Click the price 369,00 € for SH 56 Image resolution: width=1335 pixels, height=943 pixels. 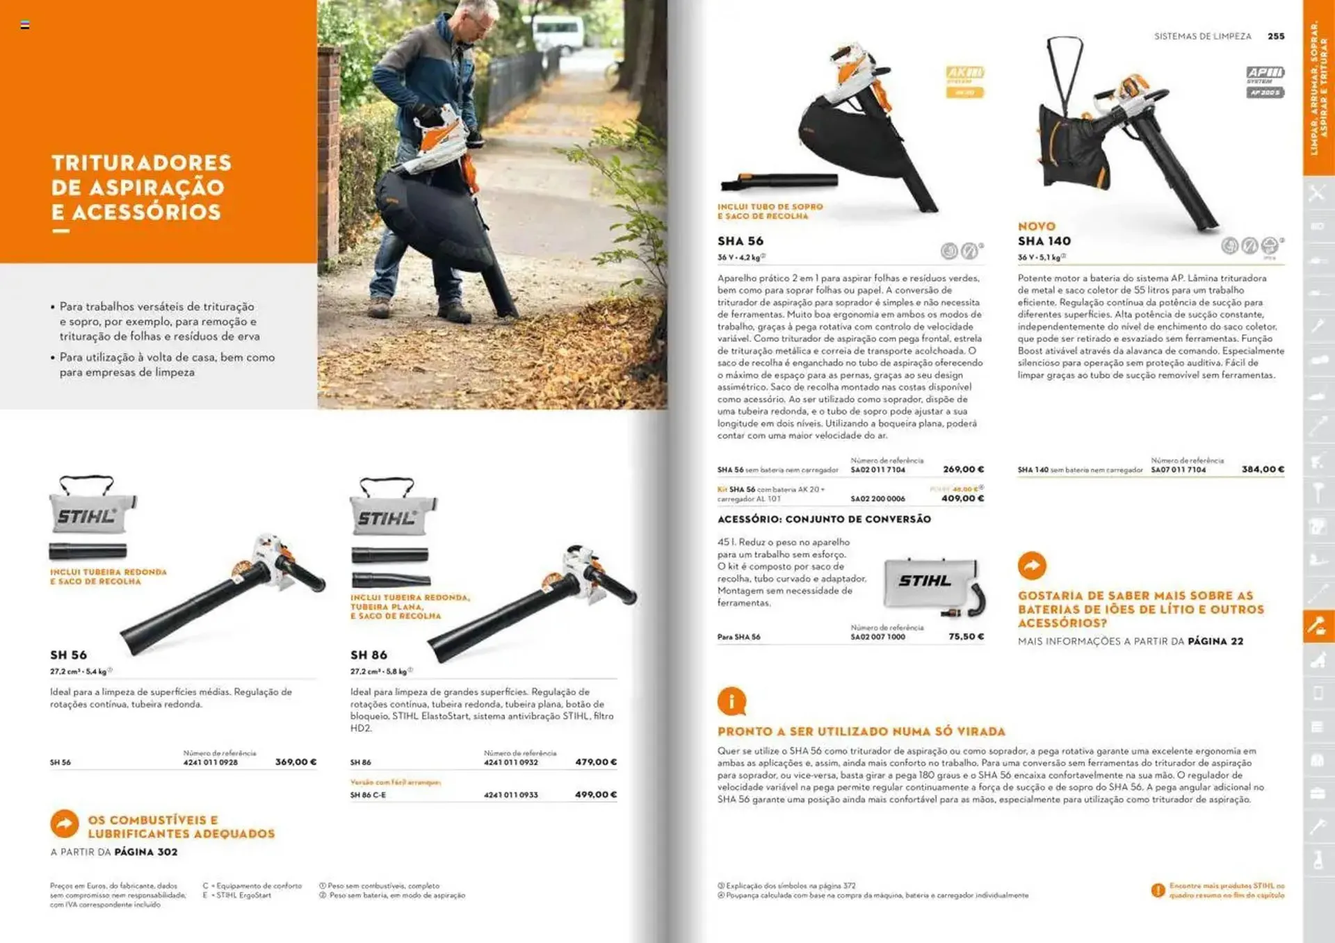pos(296,762)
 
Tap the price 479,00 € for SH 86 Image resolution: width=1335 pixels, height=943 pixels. pos(596,762)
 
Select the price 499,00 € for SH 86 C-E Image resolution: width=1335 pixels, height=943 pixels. pos(596,794)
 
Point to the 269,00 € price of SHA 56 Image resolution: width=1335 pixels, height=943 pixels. pos(963,469)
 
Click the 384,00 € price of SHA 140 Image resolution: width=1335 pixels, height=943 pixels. pos(1263,469)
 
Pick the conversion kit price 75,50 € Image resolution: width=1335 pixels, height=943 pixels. pos(966,636)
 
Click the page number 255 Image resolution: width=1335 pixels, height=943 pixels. pos(1276,36)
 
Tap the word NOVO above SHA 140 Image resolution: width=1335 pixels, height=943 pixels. pos(1036,227)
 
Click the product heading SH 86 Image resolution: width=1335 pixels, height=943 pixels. pos(369,655)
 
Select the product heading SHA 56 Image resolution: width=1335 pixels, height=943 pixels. pos(741,241)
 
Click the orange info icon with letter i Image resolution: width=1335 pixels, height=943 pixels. pos(731,702)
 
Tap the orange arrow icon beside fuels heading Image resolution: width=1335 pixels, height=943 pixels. pos(65,824)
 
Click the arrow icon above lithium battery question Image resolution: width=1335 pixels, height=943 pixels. pos(1032,566)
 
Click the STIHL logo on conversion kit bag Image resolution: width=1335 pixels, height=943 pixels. pos(924,581)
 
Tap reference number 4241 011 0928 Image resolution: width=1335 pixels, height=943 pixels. pos(210,762)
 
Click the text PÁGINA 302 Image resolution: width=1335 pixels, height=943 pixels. pos(146,852)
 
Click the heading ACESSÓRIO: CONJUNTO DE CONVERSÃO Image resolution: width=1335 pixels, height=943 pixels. pos(824,519)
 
